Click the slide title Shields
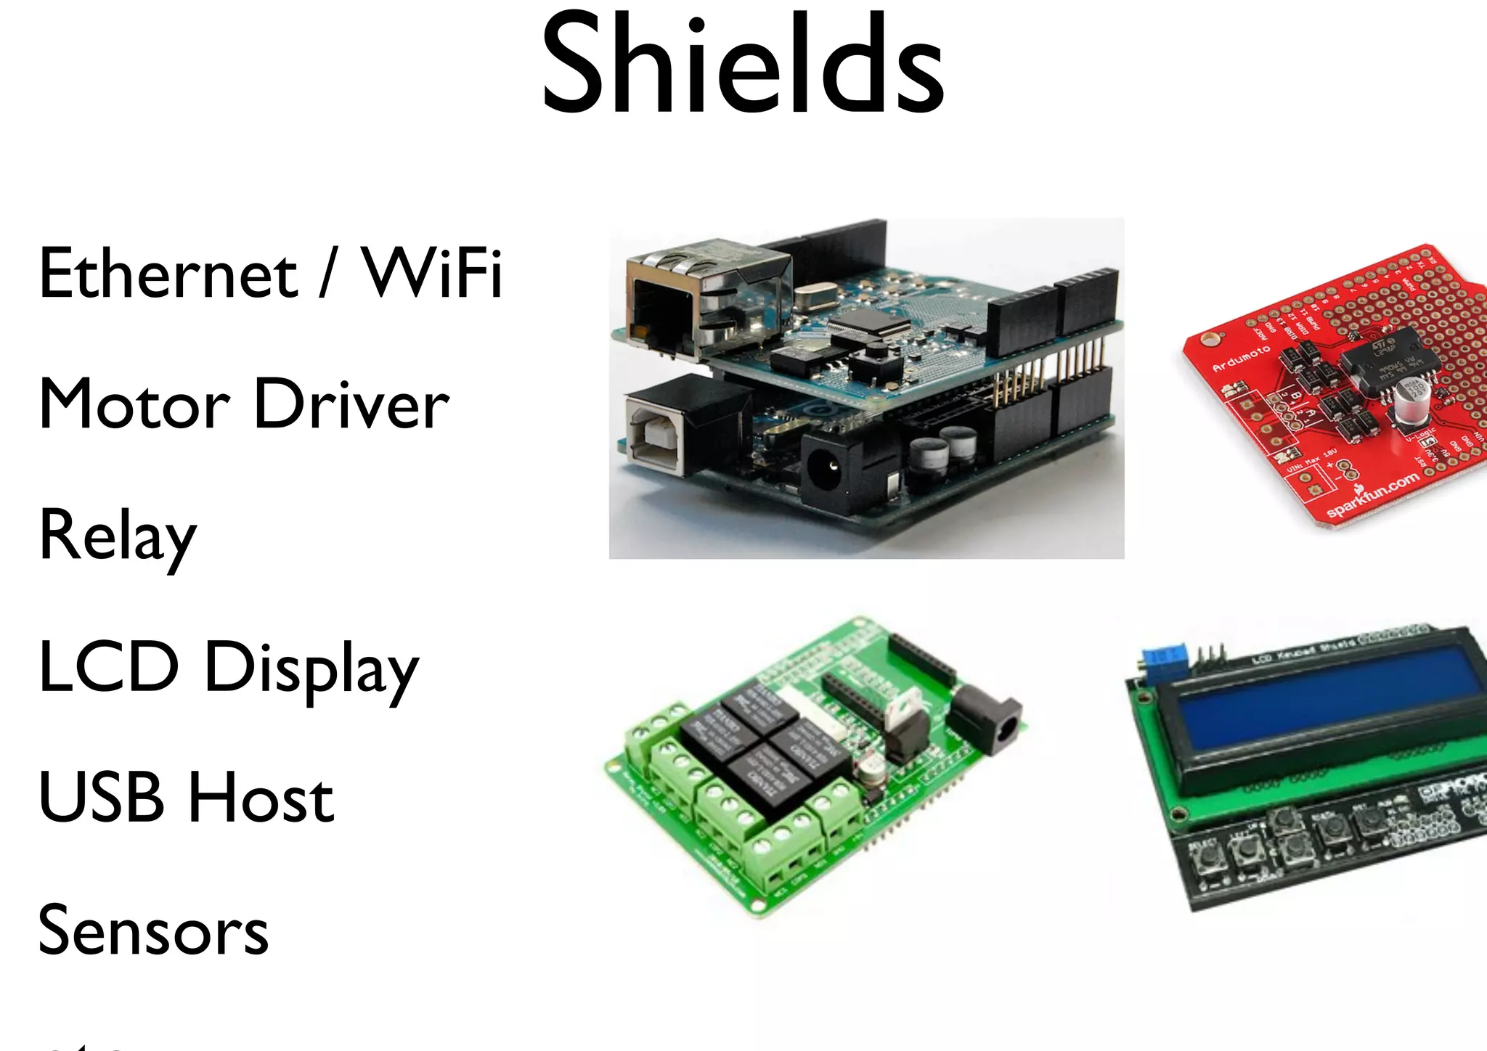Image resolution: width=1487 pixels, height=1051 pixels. tap(742, 65)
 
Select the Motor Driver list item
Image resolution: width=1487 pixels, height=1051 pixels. tap(244, 404)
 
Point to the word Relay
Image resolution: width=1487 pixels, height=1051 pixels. tap(118, 536)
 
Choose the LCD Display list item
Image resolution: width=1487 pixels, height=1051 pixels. tap(229, 668)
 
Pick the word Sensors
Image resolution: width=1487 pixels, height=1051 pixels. tap(153, 931)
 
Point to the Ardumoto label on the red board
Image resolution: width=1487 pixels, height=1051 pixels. tap(1241, 359)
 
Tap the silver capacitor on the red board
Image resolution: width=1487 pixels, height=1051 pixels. tap(1411, 404)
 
